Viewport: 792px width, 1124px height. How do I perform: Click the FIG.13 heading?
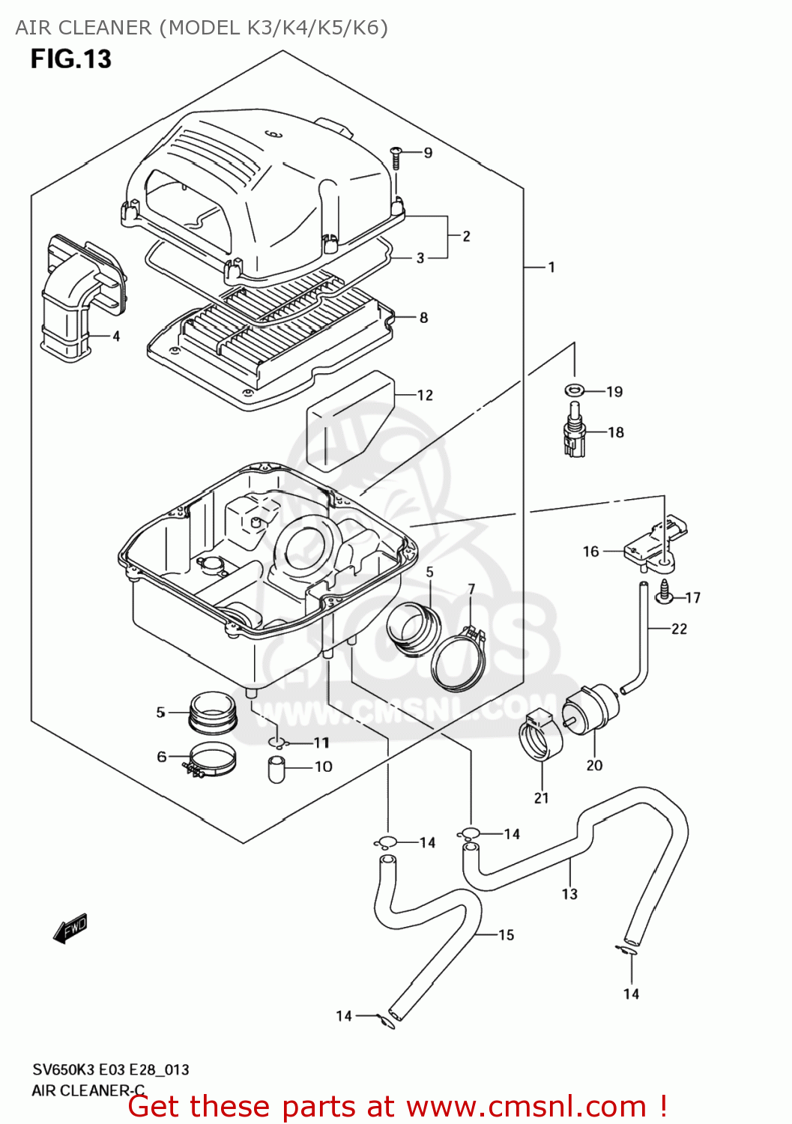click(x=70, y=58)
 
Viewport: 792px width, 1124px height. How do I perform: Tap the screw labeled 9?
click(x=396, y=156)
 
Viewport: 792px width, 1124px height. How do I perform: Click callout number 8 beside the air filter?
click(x=423, y=318)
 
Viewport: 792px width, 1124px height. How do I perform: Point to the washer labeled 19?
click(x=575, y=390)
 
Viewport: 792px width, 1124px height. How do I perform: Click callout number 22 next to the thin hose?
click(x=679, y=629)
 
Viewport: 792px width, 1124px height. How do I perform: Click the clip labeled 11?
click(x=277, y=743)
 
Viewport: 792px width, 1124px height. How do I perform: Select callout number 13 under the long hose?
click(x=569, y=894)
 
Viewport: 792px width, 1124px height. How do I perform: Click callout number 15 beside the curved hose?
click(x=506, y=934)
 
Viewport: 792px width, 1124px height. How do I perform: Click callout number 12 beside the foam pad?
click(x=425, y=395)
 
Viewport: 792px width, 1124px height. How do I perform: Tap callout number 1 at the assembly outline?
click(x=551, y=268)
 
